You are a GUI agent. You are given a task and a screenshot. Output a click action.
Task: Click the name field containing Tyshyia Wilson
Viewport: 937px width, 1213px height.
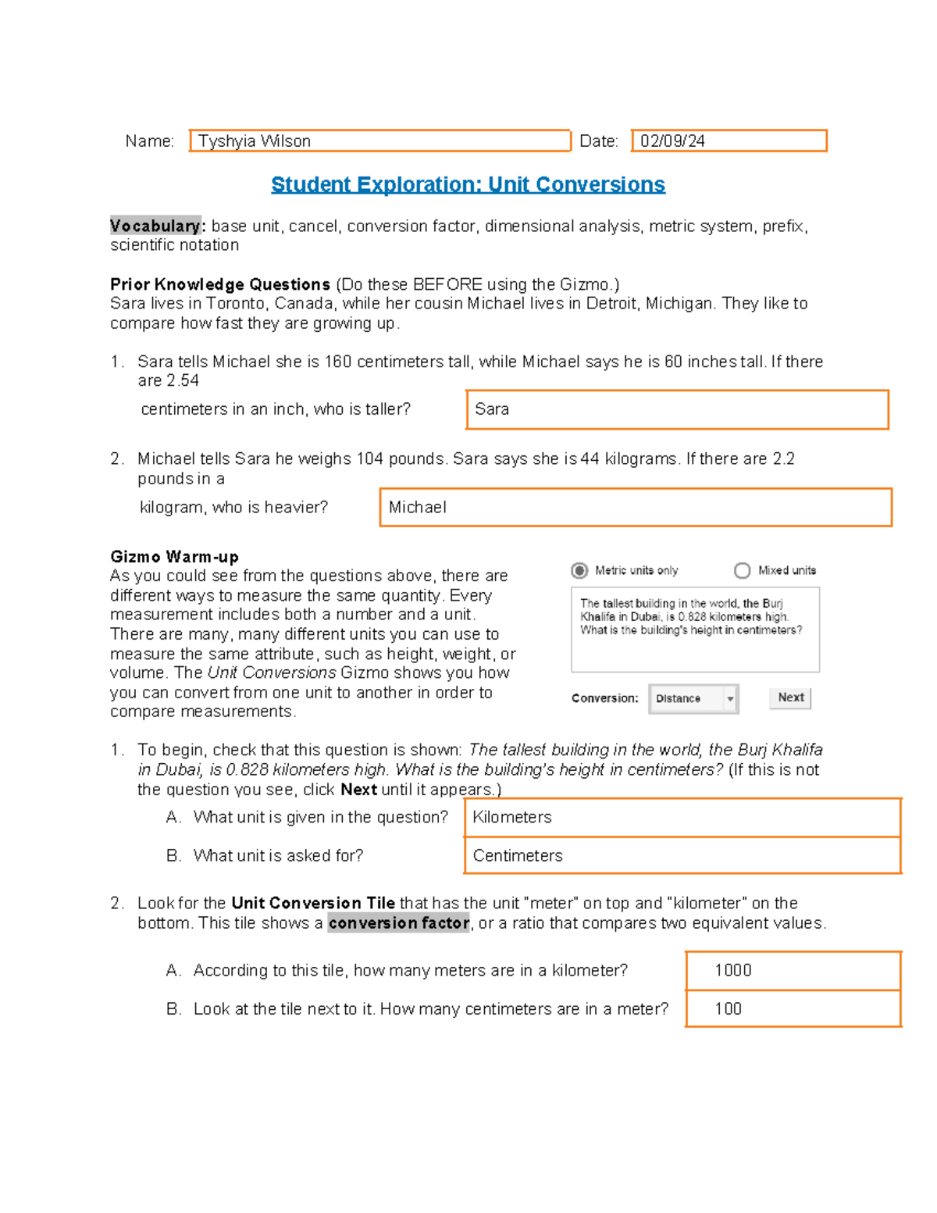[x=379, y=141]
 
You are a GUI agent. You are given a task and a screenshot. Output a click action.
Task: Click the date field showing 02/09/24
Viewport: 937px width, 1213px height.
[x=729, y=141]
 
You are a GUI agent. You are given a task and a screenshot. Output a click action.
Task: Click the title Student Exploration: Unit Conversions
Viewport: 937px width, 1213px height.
[x=468, y=184]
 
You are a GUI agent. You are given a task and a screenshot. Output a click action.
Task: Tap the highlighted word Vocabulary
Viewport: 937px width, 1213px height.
[x=155, y=226]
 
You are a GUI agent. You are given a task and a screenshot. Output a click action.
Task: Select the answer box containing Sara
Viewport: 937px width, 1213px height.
[x=677, y=409]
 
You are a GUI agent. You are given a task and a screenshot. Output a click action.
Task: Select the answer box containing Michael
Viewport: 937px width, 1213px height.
[x=635, y=508]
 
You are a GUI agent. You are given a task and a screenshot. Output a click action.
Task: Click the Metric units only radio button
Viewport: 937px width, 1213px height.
[x=579, y=571]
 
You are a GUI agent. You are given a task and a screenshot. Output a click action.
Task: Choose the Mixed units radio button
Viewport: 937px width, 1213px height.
[x=742, y=571]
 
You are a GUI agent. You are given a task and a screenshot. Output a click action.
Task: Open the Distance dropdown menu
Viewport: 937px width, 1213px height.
[x=693, y=698]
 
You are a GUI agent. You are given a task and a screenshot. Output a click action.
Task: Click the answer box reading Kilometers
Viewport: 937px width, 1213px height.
[x=682, y=817]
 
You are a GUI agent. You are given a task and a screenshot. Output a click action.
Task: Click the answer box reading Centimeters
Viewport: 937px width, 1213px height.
[x=682, y=855]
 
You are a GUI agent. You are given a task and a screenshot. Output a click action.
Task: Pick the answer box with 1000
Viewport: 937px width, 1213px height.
[x=793, y=970]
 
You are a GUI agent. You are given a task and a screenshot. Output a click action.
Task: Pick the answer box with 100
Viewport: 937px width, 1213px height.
[x=793, y=1008]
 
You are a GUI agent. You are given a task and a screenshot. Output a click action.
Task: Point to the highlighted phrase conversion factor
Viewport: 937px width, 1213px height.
[x=398, y=923]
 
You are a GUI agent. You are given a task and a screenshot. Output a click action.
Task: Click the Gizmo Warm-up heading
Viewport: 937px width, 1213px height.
[x=174, y=557]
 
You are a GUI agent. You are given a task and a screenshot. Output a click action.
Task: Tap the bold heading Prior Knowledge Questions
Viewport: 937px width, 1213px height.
[x=220, y=284]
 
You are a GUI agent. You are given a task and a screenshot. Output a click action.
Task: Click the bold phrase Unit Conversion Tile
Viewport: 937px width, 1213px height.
[x=312, y=903]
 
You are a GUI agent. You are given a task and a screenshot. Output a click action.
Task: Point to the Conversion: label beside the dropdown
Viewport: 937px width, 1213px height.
[x=604, y=698]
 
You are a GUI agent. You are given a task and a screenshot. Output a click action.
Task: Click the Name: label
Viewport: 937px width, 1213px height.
[x=149, y=141]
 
